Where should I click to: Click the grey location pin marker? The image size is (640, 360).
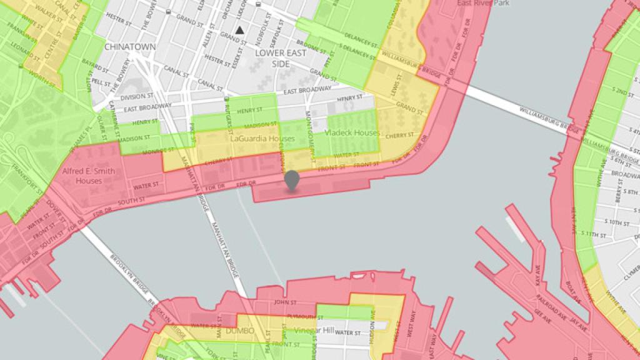tap(291, 180)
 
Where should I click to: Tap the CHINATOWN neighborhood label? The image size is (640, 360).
tap(130, 47)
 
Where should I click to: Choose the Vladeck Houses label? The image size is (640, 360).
tap(353, 133)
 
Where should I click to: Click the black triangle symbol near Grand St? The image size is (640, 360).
tap(239, 29)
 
